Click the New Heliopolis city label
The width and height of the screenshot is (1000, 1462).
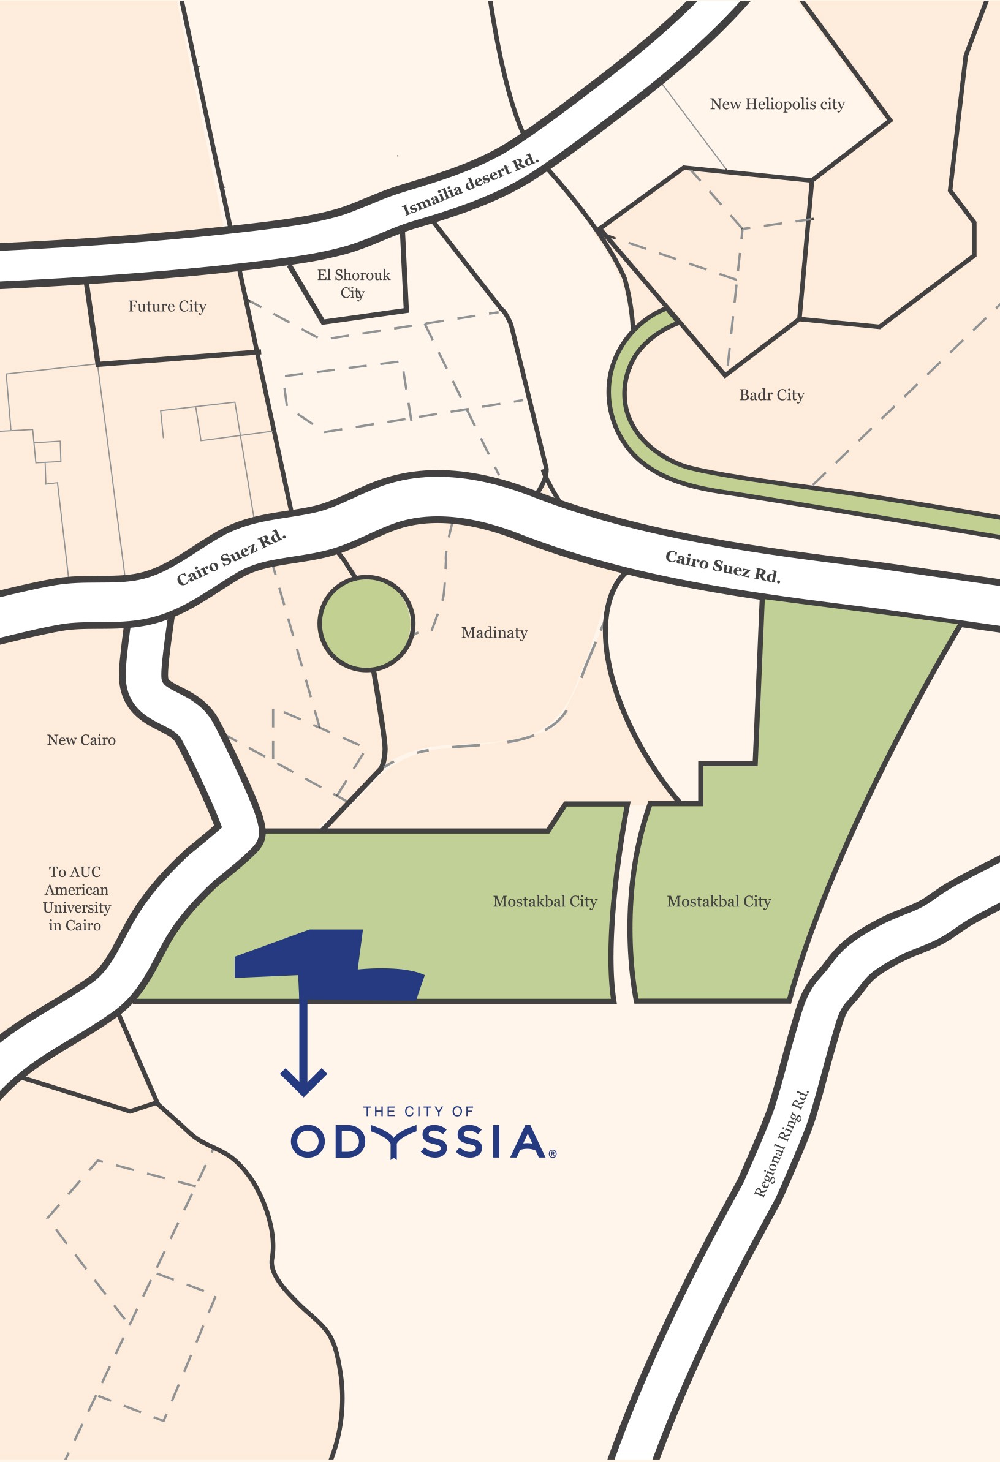point(777,104)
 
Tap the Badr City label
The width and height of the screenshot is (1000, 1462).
point(771,395)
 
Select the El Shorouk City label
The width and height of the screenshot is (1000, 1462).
point(353,284)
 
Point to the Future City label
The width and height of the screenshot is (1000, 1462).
point(167,306)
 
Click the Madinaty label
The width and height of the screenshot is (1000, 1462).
point(494,632)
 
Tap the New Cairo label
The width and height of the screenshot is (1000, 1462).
point(81,740)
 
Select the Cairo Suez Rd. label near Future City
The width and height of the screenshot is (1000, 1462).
point(231,557)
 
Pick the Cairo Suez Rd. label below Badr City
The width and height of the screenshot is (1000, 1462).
point(722,566)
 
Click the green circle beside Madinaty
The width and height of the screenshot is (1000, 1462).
point(366,624)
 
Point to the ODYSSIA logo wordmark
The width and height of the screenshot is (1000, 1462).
point(418,1142)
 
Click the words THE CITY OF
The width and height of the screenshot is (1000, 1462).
point(418,1112)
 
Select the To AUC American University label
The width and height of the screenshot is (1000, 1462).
point(76,899)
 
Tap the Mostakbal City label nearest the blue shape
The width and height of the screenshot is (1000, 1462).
point(545,902)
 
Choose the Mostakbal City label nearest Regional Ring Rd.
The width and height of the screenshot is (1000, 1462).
point(719,902)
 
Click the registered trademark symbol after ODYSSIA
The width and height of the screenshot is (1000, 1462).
point(553,1154)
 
